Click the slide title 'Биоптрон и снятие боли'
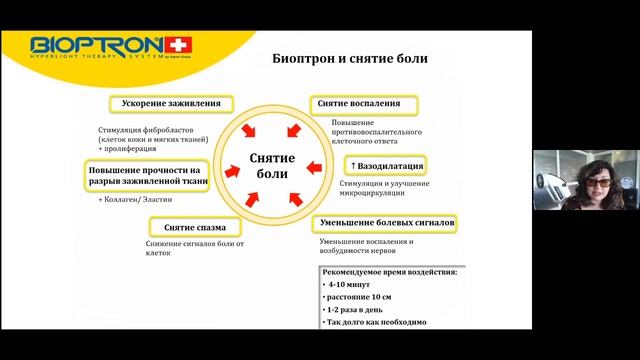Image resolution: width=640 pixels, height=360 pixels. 350,58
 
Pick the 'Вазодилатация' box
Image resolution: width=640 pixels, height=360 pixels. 387,165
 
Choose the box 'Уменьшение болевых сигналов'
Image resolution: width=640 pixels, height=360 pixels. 388,222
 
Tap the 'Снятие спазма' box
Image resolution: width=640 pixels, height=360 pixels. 187,227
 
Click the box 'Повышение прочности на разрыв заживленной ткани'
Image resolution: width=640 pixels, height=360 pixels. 146,176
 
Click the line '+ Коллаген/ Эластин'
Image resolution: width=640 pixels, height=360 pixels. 136,201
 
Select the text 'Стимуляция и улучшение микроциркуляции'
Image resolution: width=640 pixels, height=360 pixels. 384,189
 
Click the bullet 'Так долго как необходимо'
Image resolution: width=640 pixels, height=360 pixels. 376,324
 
